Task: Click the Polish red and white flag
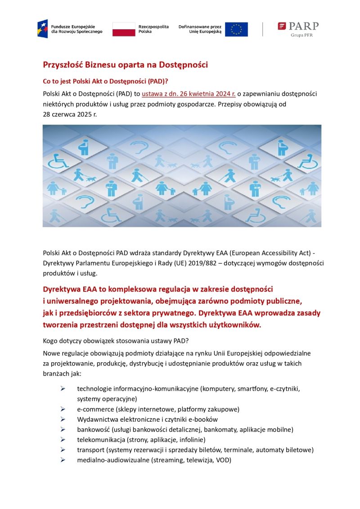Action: pyautogui.click(x=124, y=29)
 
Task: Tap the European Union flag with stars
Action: pyautogui.click(x=236, y=29)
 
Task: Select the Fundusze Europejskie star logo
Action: pyautogui.click(x=43, y=29)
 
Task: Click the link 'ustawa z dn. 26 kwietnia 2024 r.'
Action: pyautogui.click(x=189, y=94)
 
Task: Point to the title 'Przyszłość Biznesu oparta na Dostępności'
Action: pyautogui.click(x=125, y=65)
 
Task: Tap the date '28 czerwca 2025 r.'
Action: pyautogui.click(x=70, y=114)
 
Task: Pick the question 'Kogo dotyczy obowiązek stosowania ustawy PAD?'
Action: pyautogui.click(x=116, y=340)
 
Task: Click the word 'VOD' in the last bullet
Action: pyautogui.click(x=223, y=460)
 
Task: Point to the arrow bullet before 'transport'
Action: pyautogui.click(x=63, y=450)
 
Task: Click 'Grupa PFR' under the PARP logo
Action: pyautogui.click(x=302, y=35)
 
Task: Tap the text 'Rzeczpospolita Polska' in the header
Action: pyautogui.click(x=153, y=29)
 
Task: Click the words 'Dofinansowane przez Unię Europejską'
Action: pyautogui.click(x=200, y=29)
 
